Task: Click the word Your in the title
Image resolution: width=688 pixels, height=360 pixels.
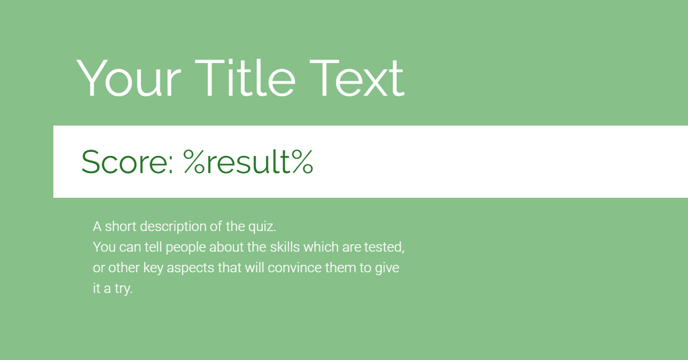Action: pos(128,78)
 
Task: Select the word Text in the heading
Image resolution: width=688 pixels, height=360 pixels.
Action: pos(357,78)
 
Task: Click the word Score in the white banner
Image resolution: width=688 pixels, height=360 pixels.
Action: pos(123,162)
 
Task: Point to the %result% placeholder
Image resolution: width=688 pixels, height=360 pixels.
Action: pos(248,162)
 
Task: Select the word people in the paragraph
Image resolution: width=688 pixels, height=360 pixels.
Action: pos(186,248)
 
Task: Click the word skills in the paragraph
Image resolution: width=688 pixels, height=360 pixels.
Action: pos(285,247)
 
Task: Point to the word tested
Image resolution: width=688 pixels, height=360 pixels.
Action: pos(384,247)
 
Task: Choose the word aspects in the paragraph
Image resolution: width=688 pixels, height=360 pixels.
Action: pos(190,268)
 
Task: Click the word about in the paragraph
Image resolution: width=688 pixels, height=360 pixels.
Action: pos(226,247)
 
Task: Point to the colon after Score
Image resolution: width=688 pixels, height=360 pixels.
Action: pos(170,166)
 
